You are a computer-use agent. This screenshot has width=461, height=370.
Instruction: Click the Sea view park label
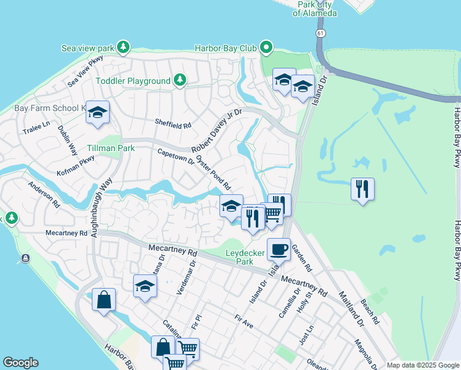point(88,47)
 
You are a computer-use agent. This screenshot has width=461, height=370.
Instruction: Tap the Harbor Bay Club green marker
point(266,47)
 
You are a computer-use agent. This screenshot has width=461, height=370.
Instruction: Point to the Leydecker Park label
point(244,257)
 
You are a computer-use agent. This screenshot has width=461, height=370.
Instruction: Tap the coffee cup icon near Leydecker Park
point(279,249)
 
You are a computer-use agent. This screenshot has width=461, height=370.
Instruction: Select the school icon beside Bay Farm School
point(97,112)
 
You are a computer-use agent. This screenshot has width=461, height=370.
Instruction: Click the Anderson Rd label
point(44,194)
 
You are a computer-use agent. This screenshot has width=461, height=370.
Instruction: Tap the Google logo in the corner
point(20,363)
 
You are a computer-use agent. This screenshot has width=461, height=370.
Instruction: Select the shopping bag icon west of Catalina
point(104,300)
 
